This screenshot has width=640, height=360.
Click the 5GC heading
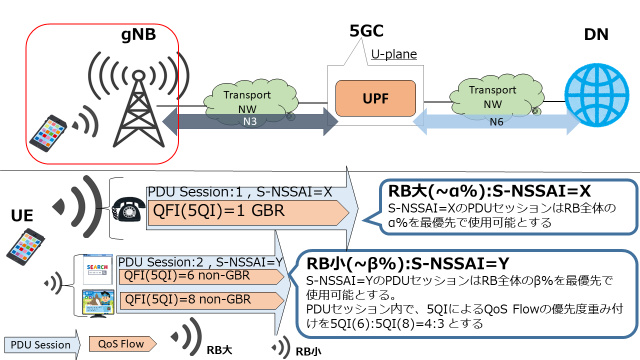pos(362,30)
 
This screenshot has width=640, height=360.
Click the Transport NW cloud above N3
pos(246,101)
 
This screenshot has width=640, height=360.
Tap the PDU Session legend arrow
pos(39,344)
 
